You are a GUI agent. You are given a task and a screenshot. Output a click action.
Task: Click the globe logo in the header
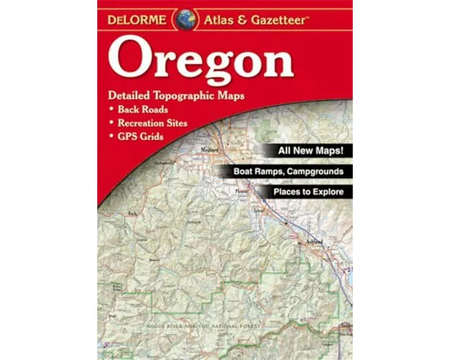coord(186,18)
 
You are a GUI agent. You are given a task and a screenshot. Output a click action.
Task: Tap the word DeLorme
coord(140,19)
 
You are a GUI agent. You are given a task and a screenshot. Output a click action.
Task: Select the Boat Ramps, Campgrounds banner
coord(292,172)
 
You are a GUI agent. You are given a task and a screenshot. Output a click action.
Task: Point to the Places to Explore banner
coord(303,193)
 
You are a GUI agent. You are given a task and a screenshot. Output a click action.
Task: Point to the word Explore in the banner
coord(330,193)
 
